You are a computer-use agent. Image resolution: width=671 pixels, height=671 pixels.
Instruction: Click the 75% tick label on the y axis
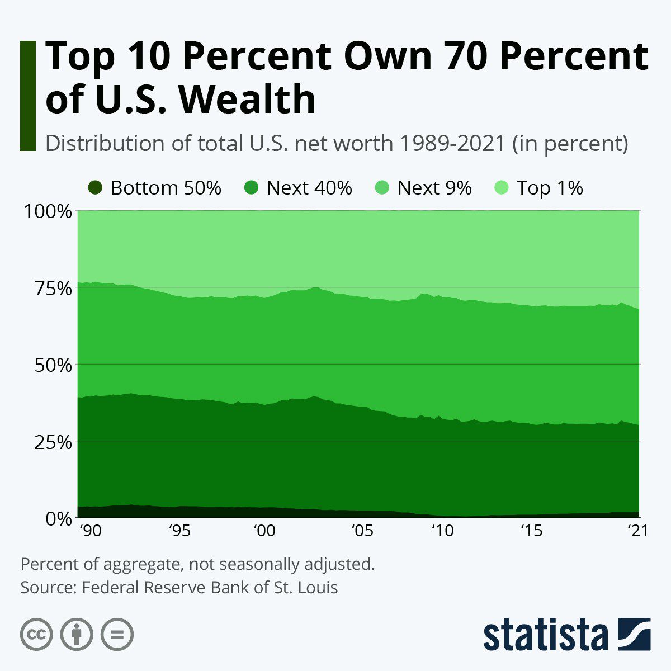point(48,289)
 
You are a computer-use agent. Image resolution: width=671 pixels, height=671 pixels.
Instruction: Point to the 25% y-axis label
point(48,442)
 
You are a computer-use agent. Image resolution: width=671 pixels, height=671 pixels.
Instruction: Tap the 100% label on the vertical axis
point(47,212)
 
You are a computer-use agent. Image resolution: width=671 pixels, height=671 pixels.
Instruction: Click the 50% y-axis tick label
point(48,366)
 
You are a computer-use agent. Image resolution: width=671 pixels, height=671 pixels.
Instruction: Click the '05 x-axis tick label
point(362,530)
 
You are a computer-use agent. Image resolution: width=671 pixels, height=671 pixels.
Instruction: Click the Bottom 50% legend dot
point(95,188)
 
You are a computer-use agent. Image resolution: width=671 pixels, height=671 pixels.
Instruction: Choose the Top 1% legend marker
point(502,188)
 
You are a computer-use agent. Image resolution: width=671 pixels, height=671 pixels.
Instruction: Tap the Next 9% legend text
point(434,188)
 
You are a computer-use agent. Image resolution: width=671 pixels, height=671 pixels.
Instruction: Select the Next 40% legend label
point(309,188)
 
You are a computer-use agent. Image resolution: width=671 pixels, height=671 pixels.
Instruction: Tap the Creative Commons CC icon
point(36,634)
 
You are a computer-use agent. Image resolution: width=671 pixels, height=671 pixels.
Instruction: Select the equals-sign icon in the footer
point(117,634)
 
